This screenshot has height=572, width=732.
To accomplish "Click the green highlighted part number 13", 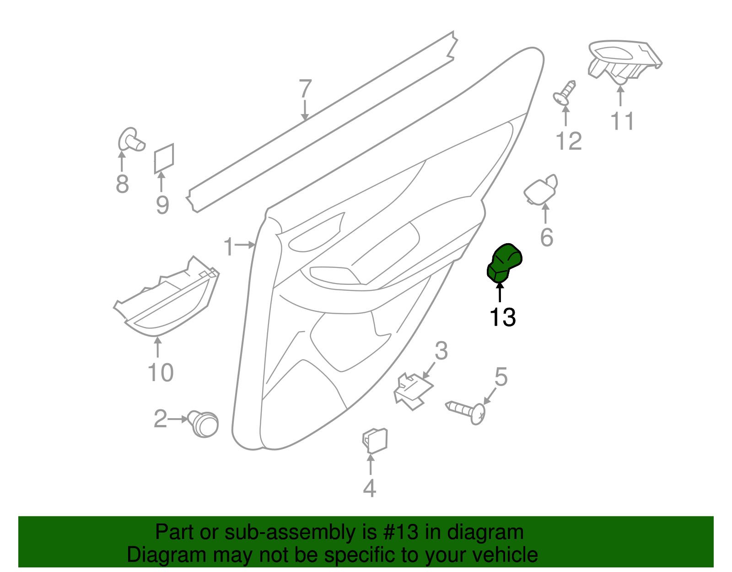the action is click(x=504, y=263).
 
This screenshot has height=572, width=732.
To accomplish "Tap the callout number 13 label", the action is click(x=502, y=317).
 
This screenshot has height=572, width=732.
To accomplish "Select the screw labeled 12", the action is click(x=565, y=93).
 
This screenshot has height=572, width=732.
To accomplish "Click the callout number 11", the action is click(x=622, y=121).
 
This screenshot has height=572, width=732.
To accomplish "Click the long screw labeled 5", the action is click(x=466, y=412).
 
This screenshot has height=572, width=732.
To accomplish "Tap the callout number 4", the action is click(x=369, y=488).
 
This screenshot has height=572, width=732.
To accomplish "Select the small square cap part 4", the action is click(x=375, y=440).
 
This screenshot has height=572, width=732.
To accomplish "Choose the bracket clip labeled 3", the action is click(x=413, y=391).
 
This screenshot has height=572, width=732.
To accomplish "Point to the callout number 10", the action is click(x=161, y=372).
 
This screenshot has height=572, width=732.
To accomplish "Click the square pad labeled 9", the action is click(x=164, y=158).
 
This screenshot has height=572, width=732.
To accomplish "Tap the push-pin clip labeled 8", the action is click(x=131, y=140).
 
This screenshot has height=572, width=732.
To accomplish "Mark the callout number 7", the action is click(x=305, y=88).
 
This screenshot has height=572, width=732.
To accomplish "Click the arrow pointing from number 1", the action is click(x=245, y=245).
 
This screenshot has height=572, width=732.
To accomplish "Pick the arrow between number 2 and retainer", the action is click(x=178, y=419).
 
